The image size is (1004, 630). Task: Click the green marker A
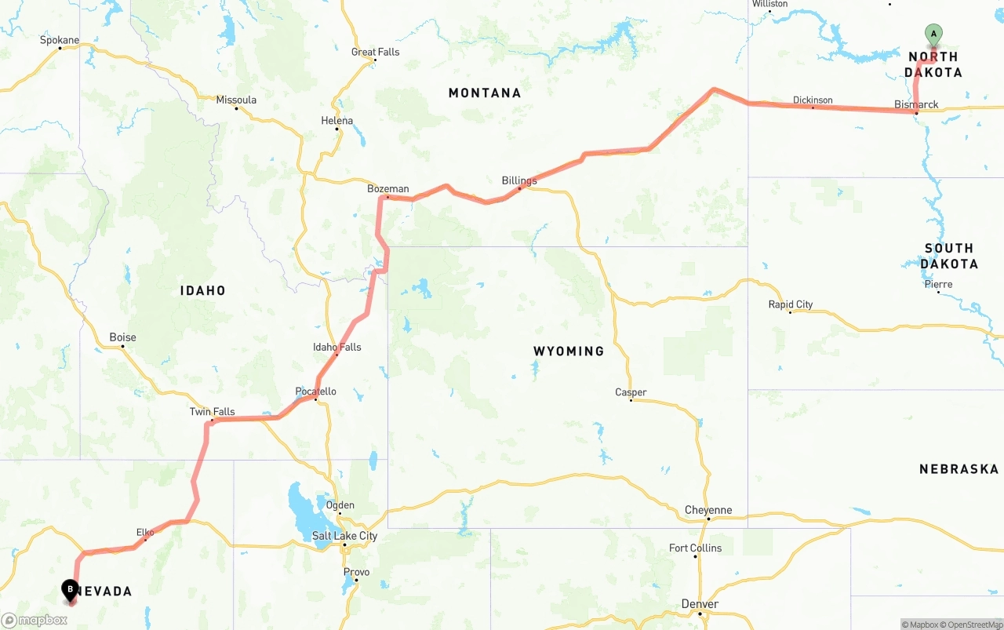(x=933, y=34)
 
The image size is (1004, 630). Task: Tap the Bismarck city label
(x=916, y=104)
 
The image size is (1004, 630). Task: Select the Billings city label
(x=519, y=180)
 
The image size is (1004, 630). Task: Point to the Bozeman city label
(x=388, y=188)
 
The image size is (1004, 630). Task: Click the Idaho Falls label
(x=337, y=347)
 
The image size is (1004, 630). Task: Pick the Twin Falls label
(x=212, y=412)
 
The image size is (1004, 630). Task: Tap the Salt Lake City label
(x=344, y=536)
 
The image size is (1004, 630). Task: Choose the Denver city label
(x=700, y=603)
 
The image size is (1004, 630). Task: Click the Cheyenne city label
(x=708, y=510)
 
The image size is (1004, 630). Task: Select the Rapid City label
(x=791, y=304)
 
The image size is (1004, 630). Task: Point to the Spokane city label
(x=60, y=40)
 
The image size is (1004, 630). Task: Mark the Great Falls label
(x=375, y=52)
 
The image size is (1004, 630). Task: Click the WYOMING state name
(x=569, y=351)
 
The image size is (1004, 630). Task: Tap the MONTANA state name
(x=485, y=93)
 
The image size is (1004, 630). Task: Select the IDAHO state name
(x=202, y=290)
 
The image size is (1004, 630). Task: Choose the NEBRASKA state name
(x=959, y=469)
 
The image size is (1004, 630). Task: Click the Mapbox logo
(x=35, y=620)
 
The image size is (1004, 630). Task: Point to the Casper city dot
(x=631, y=400)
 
